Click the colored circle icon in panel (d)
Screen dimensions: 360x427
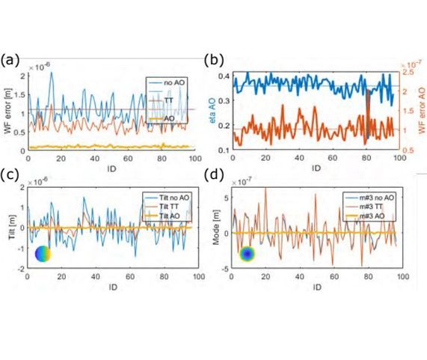pyautogui.click(x=248, y=254)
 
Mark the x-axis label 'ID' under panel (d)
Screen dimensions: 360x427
pyautogui.click(x=318, y=287)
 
